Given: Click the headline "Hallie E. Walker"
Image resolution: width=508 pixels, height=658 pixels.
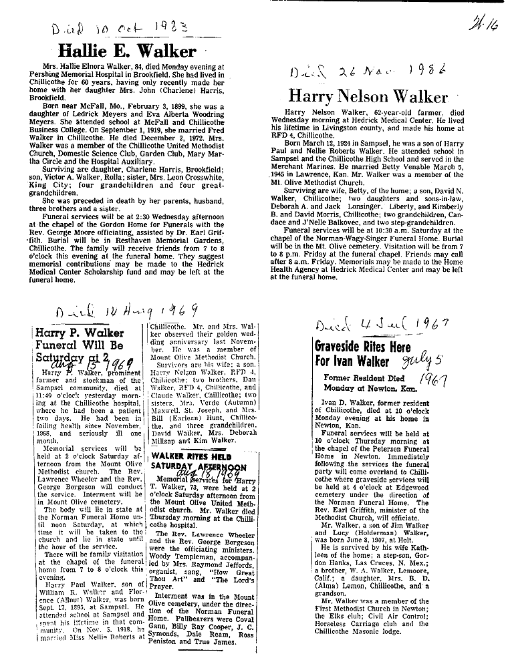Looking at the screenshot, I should [128, 51].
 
